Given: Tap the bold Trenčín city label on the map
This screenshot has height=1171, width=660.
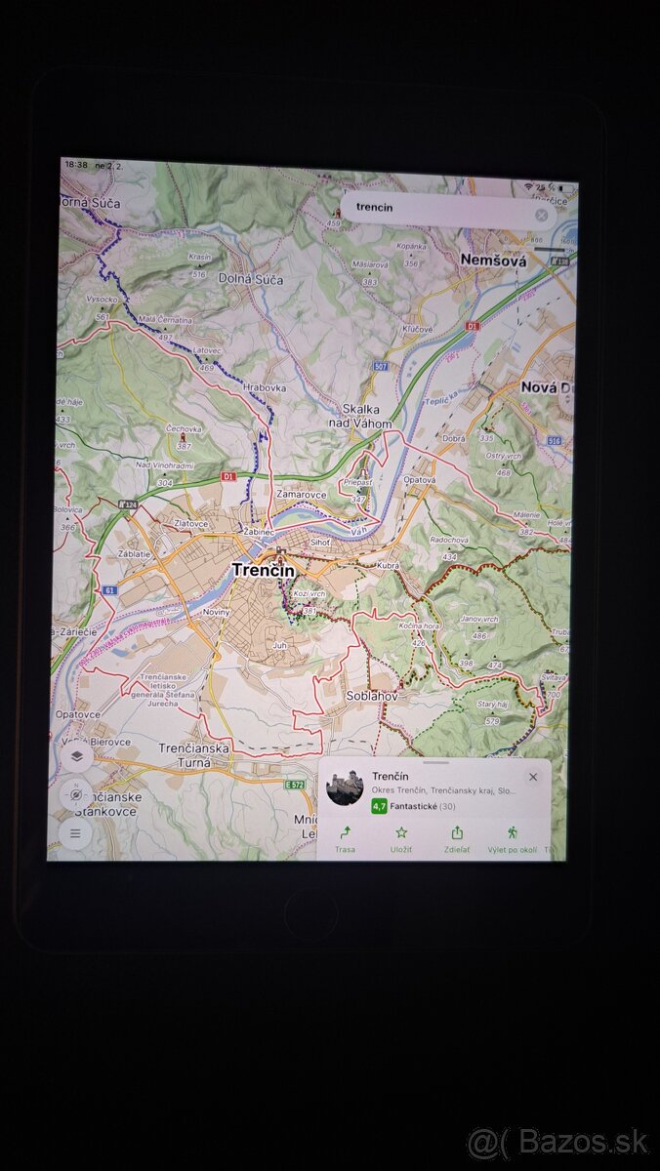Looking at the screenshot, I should [263, 569].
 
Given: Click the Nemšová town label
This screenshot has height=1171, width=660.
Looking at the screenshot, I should [493, 261].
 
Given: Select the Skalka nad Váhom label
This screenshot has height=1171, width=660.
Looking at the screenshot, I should [367, 417].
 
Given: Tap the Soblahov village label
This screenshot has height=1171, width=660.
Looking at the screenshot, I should [372, 696].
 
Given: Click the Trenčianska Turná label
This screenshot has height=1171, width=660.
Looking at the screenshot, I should [194, 754].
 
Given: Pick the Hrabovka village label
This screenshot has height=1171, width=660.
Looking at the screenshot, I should [265, 387].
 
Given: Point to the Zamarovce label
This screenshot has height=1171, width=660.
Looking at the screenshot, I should [301, 495].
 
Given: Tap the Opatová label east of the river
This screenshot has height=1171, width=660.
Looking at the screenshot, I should [419, 480].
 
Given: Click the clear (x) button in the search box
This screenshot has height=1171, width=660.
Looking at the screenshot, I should [541, 215].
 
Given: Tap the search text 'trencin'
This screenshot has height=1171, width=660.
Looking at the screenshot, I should [374, 207].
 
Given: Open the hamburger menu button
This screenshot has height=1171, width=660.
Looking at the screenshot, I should [75, 833].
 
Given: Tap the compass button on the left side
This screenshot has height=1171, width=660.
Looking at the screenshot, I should [75, 794].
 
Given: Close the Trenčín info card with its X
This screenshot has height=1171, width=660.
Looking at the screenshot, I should [532, 777].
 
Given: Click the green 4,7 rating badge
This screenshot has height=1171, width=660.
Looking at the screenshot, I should [379, 806].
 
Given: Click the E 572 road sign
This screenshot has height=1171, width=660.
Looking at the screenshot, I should [296, 784].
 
